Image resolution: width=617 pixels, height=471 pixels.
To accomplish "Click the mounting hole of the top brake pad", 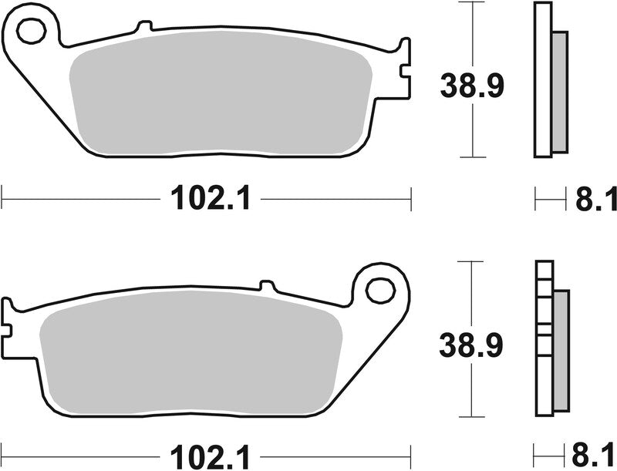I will click(x=32, y=32).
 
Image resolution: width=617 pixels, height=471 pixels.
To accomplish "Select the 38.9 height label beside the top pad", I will click(x=471, y=86).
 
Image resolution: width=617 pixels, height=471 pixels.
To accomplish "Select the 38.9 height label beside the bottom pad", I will click(x=471, y=344).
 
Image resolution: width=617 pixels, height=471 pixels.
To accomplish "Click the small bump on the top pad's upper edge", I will click(x=142, y=28).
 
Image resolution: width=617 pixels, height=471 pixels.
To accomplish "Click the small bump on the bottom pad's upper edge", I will click(x=268, y=285).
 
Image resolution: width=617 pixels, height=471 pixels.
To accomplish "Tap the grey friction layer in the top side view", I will click(x=559, y=92).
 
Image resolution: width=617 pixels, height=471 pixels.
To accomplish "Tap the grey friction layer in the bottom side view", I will click(x=561, y=352).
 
